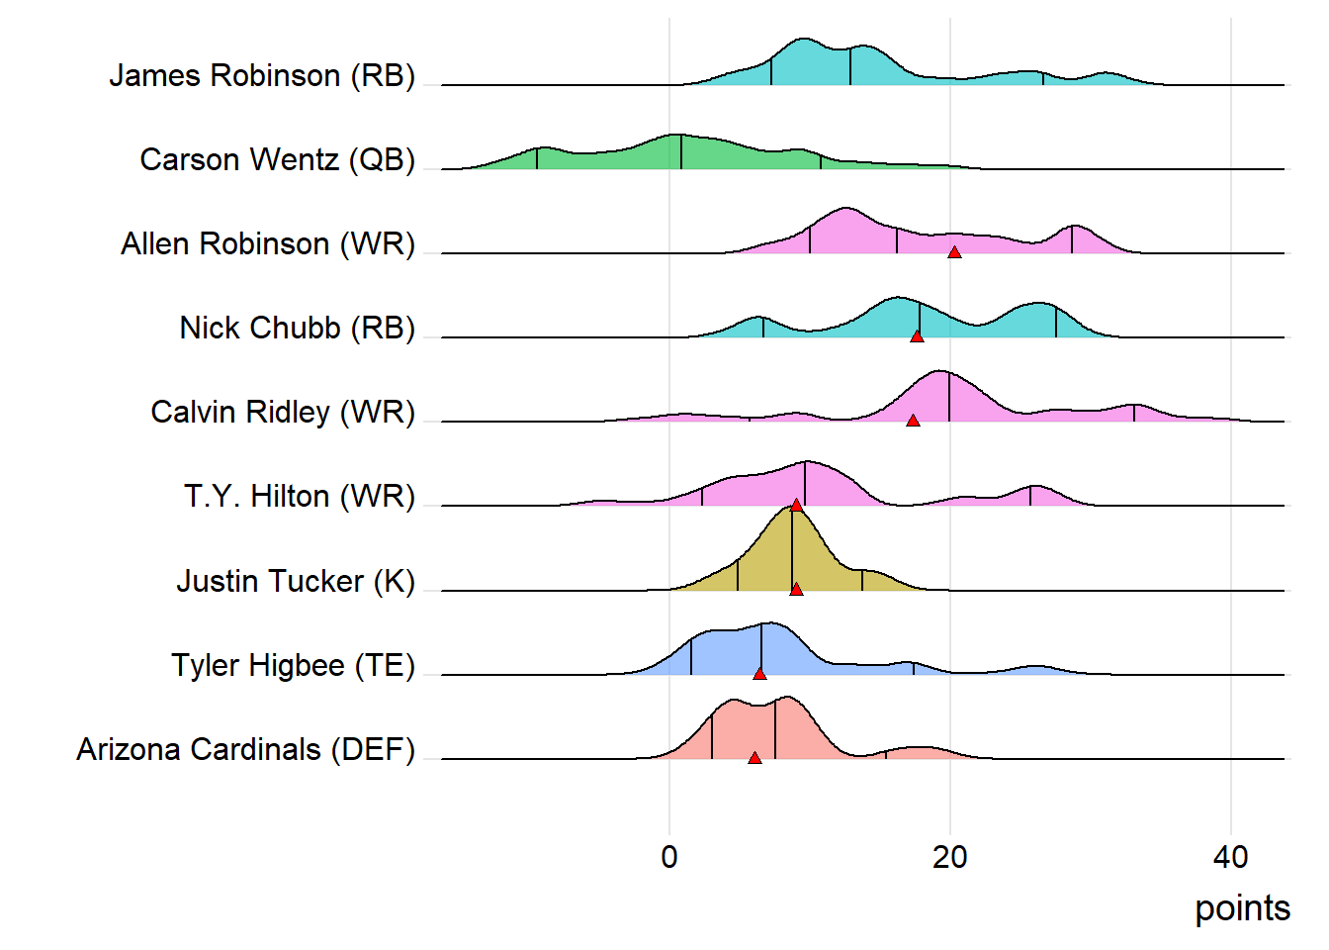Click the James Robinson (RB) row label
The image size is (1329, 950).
point(262,75)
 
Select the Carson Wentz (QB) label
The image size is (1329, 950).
point(277,159)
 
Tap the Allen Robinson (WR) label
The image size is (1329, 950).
point(268,243)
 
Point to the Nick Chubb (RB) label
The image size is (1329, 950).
point(297,328)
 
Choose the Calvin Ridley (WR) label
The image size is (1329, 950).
point(283,412)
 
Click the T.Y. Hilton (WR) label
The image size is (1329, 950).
point(299,496)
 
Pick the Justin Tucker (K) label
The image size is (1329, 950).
point(296,581)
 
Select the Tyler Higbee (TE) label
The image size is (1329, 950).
point(293,665)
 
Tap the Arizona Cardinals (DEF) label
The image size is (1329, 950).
point(245,749)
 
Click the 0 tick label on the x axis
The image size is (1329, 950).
point(669,857)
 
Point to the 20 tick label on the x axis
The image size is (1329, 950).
point(950,857)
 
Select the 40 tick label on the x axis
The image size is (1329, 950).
point(1231,857)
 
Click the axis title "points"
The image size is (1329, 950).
point(1242,908)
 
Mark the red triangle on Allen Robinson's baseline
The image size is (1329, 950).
point(954,252)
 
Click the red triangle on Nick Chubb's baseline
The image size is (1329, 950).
point(917,336)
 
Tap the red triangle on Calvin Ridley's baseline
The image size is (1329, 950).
point(913,421)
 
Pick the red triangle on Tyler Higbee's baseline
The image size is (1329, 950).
point(759,674)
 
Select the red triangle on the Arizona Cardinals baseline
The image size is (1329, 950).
point(754,758)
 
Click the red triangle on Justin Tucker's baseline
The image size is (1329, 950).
point(796,590)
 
